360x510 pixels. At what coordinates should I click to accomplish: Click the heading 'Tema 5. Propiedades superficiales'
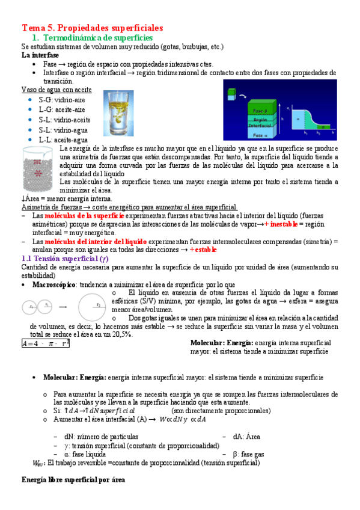tap(93, 28)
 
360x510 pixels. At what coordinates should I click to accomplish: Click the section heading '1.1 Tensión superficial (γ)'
tap(64, 258)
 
